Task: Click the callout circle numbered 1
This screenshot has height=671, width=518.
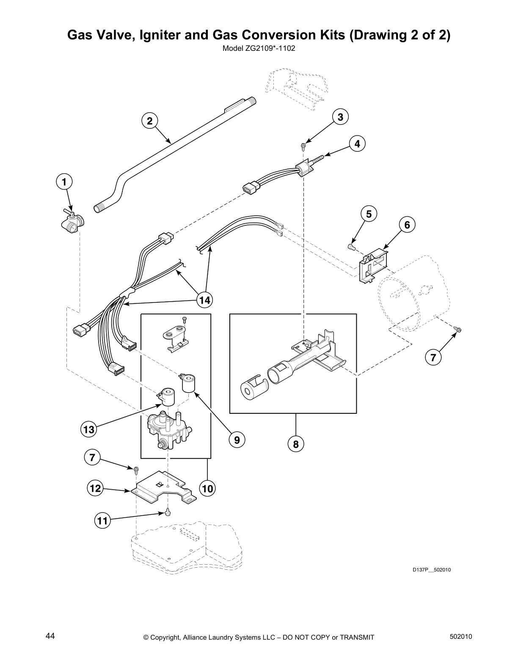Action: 64,182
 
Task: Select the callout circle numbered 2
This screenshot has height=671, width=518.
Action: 149,121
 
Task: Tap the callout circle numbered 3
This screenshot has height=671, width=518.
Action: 340,116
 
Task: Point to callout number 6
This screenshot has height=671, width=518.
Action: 407,225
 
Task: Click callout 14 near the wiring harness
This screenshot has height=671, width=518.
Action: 204,300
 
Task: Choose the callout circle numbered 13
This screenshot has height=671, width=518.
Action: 89,430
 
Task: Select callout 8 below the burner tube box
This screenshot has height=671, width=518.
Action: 295,444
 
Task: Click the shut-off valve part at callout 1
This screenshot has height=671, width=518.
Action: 72,222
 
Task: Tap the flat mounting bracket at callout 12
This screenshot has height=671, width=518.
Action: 161,487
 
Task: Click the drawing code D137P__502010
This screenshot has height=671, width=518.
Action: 432,570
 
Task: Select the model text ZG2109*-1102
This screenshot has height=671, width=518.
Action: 259,48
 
